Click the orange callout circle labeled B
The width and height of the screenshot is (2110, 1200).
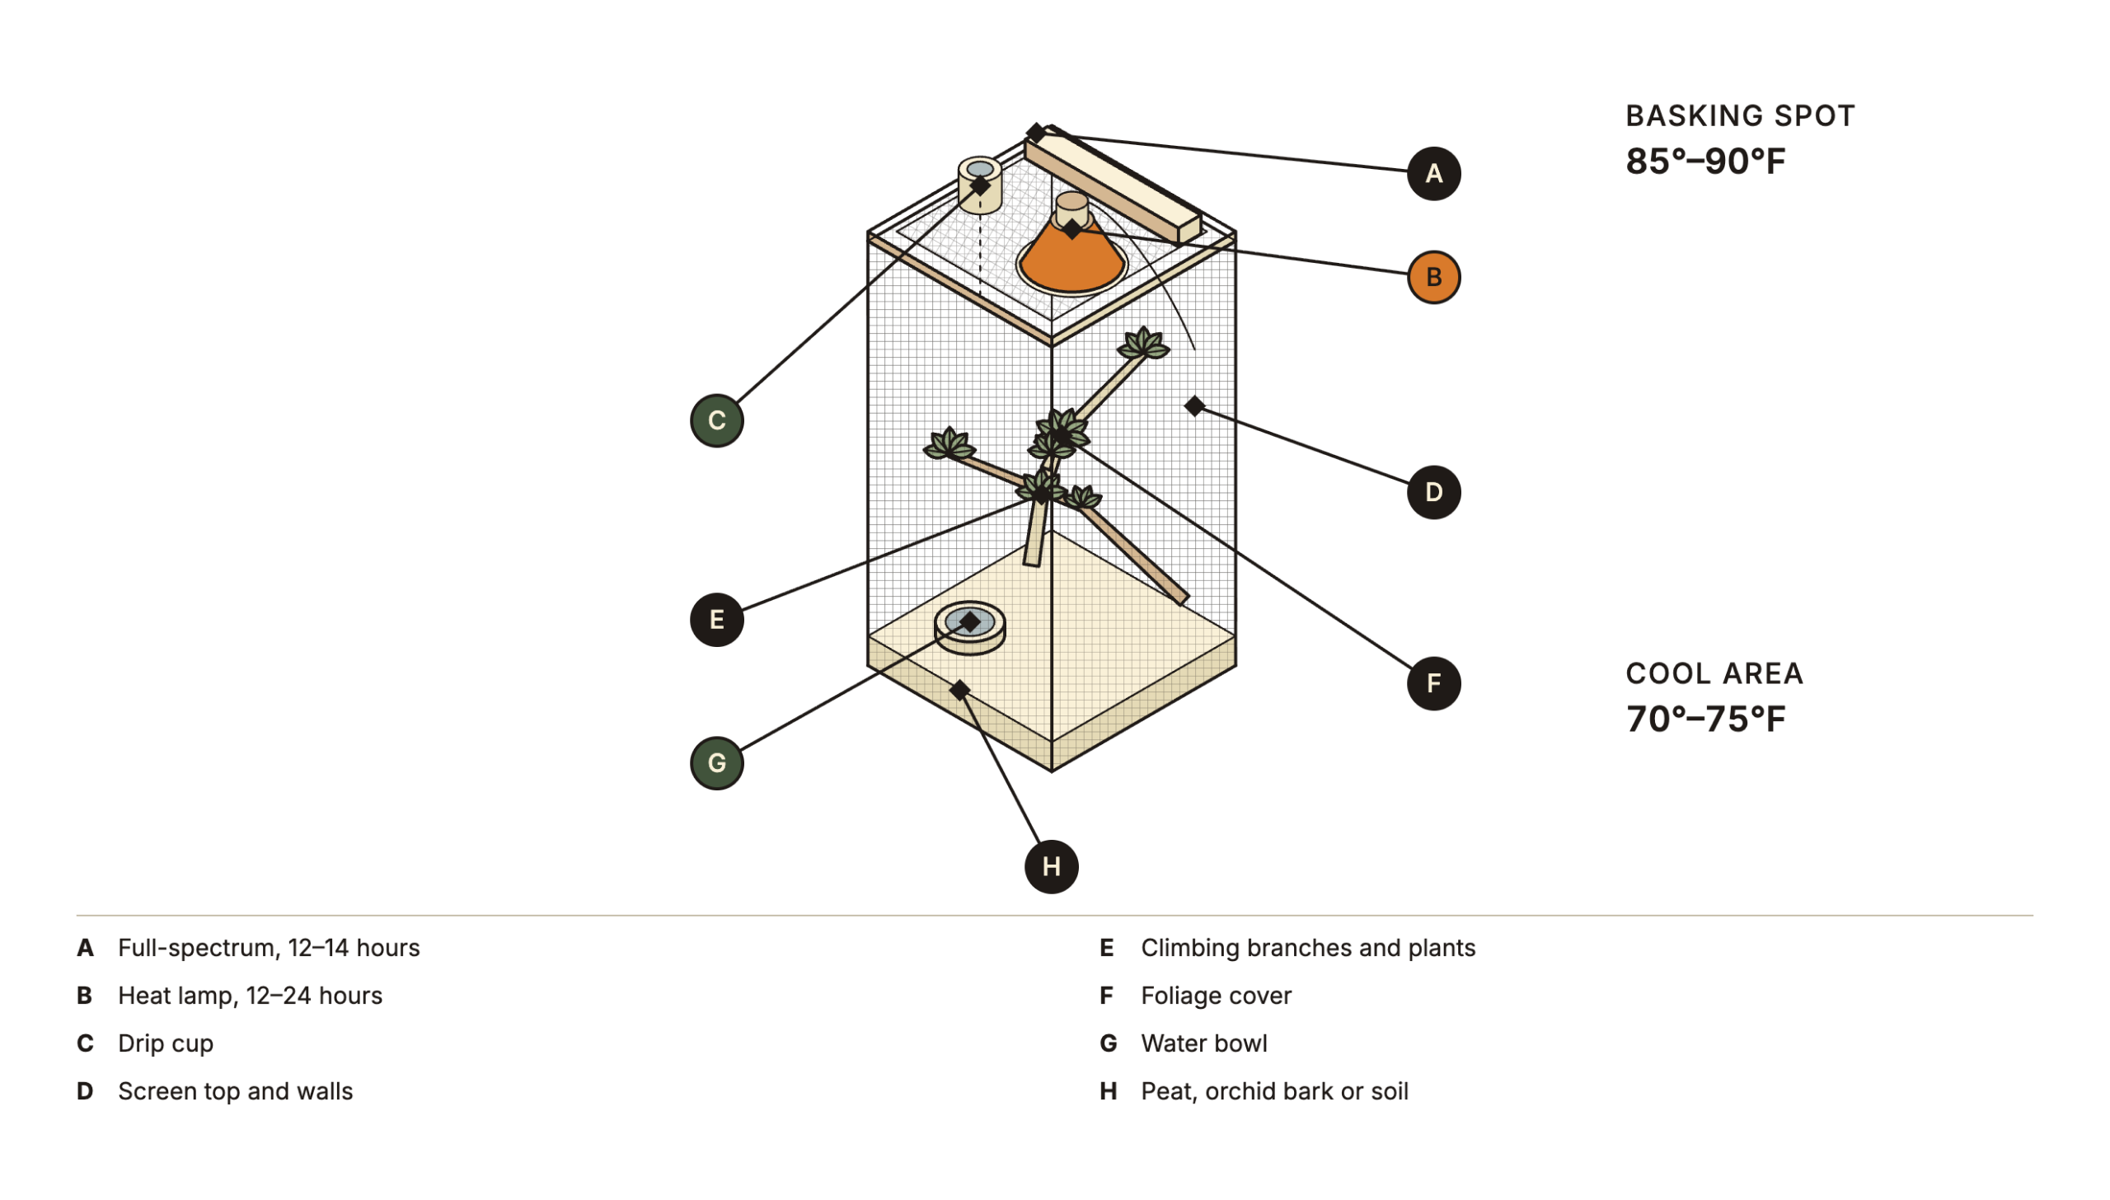[1433, 278]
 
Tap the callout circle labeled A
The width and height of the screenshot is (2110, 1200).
[1433, 174]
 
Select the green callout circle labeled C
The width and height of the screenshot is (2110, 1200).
[717, 421]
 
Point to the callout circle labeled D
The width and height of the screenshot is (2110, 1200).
[1433, 493]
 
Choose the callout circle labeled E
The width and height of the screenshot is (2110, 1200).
[717, 620]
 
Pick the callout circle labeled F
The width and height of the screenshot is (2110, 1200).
[1433, 683]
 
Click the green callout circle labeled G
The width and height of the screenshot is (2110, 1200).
[717, 763]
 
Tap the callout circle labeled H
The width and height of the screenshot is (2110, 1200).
[1052, 867]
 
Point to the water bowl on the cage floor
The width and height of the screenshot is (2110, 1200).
[970, 628]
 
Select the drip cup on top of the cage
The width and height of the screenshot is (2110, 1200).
[980, 185]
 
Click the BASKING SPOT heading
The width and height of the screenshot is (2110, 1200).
[1740, 116]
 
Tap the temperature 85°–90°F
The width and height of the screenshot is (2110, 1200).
[1705, 161]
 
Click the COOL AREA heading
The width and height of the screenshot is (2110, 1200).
[1714, 674]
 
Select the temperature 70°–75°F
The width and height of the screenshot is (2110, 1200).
[1705, 719]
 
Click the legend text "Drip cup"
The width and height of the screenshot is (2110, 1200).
[166, 1044]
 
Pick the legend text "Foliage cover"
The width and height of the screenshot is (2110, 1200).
[1217, 996]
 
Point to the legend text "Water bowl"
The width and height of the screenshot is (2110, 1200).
[1204, 1044]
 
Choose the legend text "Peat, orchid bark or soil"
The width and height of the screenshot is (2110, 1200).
[1275, 1092]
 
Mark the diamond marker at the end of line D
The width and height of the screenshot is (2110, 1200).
[1194, 405]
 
